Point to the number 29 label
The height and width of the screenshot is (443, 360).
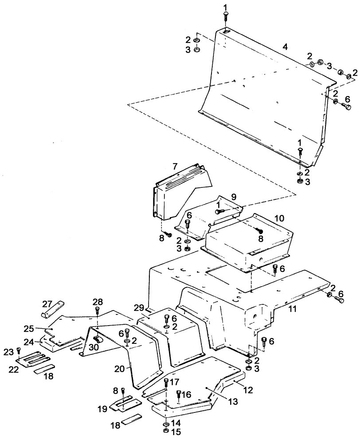coord(138,307)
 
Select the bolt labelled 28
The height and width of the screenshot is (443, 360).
coord(98,311)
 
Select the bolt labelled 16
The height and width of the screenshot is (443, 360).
coord(179,394)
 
